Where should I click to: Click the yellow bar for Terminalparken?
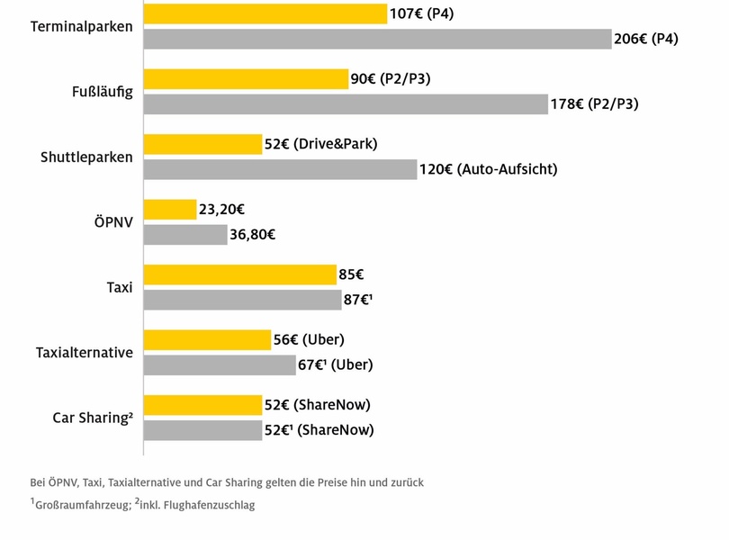265,13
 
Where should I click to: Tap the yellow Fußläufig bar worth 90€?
246,79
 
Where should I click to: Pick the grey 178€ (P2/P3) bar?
346,103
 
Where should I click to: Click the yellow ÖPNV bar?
170,210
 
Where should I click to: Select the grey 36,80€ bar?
185,235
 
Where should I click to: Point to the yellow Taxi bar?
240,274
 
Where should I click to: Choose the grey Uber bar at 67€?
220,364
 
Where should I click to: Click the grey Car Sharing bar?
202,430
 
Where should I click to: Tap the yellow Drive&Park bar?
202,144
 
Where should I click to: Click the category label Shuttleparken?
86,157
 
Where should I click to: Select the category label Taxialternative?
85,353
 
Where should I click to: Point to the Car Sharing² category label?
93,418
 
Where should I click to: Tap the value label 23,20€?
222,210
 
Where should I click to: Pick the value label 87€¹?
359,300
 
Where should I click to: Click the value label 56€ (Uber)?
310,339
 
